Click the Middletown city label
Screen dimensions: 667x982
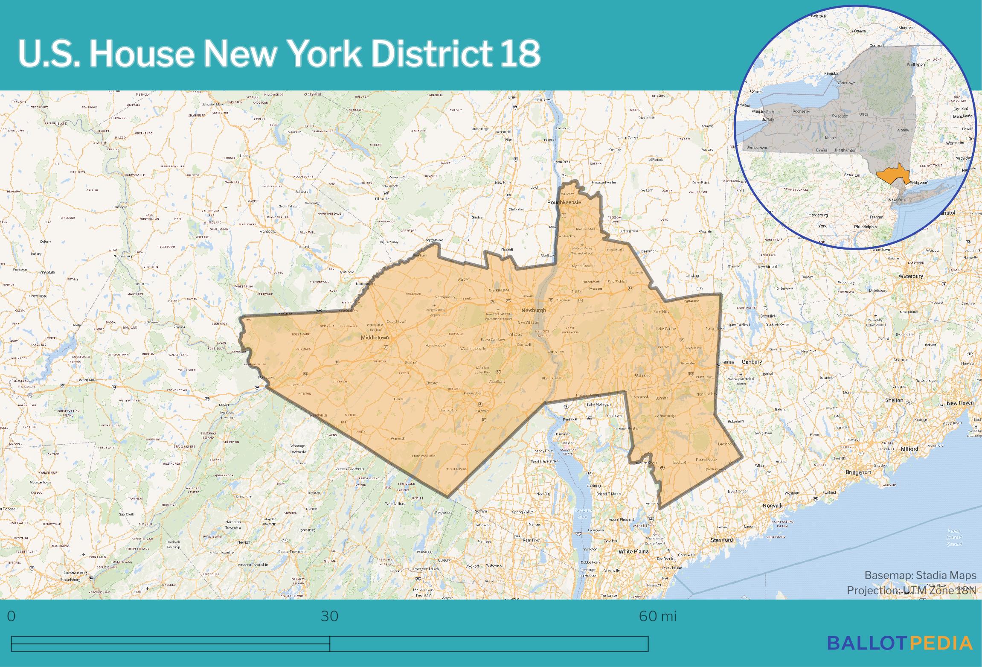click(375, 338)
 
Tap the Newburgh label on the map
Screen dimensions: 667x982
click(533, 310)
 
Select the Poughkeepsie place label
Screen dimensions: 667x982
click(564, 202)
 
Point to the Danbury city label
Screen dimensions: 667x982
click(752, 362)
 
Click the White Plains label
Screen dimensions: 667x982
click(633, 551)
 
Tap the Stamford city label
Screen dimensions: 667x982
click(722, 540)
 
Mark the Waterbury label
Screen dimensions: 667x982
click(911, 276)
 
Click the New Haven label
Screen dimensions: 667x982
click(960, 403)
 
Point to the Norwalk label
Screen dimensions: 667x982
click(773, 506)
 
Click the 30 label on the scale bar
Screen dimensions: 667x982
click(329, 616)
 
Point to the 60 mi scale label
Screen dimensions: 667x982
click(657, 616)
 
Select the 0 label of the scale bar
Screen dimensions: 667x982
click(12, 616)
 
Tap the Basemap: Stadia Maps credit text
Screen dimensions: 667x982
click(920, 575)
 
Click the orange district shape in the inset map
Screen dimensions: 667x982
click(892, 175)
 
